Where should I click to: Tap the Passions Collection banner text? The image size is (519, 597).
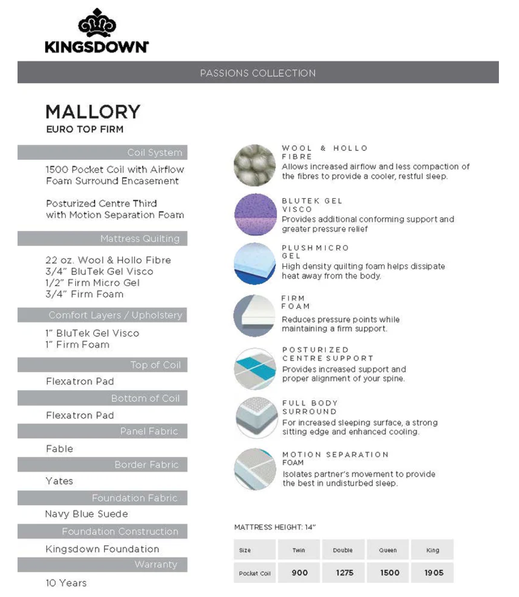point(258,73)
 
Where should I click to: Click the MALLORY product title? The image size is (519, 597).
point(93,112)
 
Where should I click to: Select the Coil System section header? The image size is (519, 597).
point(154,153)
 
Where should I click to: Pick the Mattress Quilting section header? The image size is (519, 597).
point(140,239)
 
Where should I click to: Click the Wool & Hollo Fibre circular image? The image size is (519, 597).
point(255,165)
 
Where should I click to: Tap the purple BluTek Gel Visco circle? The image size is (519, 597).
point(255,214)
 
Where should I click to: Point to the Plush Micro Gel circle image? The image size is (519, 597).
point(255,263)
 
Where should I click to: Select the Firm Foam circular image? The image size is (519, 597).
point(254,316)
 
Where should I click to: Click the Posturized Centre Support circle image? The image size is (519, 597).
point(255,369)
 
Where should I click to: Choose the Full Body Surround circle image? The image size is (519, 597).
point(256,418)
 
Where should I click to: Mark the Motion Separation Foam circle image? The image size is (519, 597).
point(255,469)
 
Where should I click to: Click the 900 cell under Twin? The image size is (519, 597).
point(299,573)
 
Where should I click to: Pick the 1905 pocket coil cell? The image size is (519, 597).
point(433,573)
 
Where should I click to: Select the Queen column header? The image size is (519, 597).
point(388,550)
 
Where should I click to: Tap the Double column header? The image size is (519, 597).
point(343,550)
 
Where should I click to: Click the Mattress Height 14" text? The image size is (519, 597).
point(275,527)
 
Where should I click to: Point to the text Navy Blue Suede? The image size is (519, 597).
point(86,514)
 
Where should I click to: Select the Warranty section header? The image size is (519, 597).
point(156,564)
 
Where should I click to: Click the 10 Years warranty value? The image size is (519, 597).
point(66,583)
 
